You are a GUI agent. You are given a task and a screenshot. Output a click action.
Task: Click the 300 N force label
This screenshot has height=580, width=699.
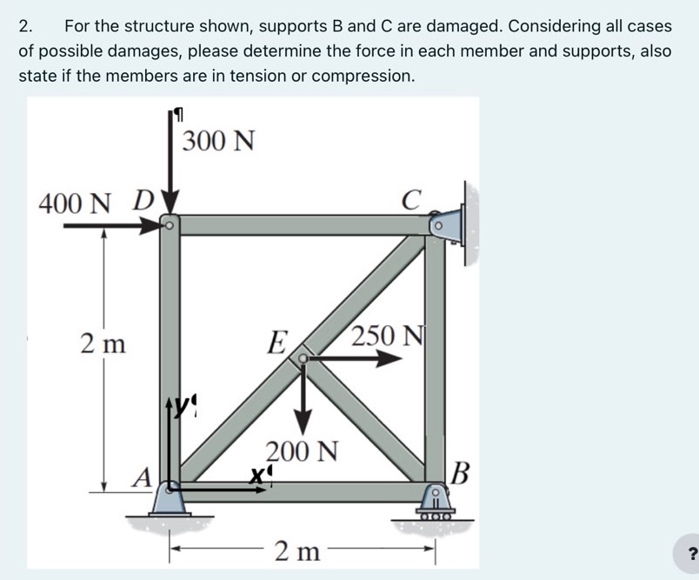tap(218, 140)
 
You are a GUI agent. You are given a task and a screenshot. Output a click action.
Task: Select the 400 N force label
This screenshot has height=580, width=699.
tap(76, 204)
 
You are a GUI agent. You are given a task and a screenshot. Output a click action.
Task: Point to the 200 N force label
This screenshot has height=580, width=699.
tap(301, 452)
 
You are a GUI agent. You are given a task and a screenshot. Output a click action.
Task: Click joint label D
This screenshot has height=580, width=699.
tap(143, 203)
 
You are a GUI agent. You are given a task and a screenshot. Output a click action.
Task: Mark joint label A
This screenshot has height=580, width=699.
tap(143, 477)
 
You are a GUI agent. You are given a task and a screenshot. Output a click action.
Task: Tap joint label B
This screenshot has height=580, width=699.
tap(461, 474)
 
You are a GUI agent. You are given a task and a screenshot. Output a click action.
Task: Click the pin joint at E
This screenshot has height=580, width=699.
tap(303, 357)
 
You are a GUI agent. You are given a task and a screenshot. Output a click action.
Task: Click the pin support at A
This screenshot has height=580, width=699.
tap(170, 499)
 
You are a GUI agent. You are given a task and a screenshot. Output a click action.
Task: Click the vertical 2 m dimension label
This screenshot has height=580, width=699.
tap(103, 343)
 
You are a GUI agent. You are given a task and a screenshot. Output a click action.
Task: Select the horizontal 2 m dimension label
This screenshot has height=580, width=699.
tap(297, 550)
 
